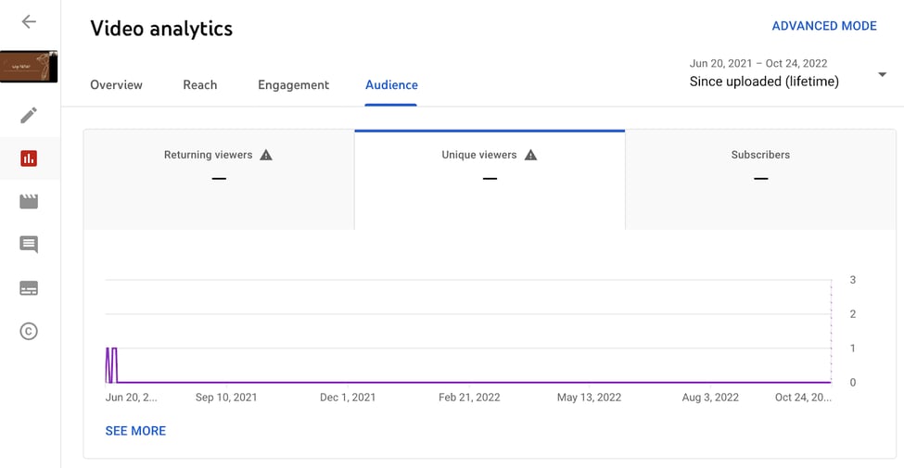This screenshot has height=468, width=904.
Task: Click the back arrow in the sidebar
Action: click(x=29, y=21)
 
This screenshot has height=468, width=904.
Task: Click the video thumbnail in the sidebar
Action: click(x=29, y=68)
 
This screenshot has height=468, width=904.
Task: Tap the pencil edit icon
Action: click(x=29, y=115)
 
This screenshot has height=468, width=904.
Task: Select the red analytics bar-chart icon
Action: click(x=29, y=158)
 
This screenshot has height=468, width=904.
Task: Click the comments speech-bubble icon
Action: click(x=29, y=245)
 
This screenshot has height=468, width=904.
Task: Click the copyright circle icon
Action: click(x=29, y=331)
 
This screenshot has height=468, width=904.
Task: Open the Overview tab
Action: click(x=116, y=85)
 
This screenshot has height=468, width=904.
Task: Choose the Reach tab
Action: click(x=199, y=85)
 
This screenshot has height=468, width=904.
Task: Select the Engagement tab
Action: click(x=293, y=85)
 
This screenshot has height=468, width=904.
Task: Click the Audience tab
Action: click(x=391, y=85)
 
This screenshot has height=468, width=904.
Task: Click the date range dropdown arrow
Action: click(x=882, y=75)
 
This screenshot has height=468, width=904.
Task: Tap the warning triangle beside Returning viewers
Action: click(x=266, y=155)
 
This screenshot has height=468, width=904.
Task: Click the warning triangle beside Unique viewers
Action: click(x=530, y=155)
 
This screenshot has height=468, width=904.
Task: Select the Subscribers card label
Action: click(x=760, y=155)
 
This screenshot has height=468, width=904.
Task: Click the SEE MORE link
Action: click(x=135, y=431)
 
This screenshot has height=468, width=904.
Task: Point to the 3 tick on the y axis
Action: click(x=852, y=280)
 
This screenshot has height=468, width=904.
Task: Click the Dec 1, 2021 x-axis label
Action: click(x=348, y=398)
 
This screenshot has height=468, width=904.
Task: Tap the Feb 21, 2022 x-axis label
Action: click(x=469, y=398)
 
